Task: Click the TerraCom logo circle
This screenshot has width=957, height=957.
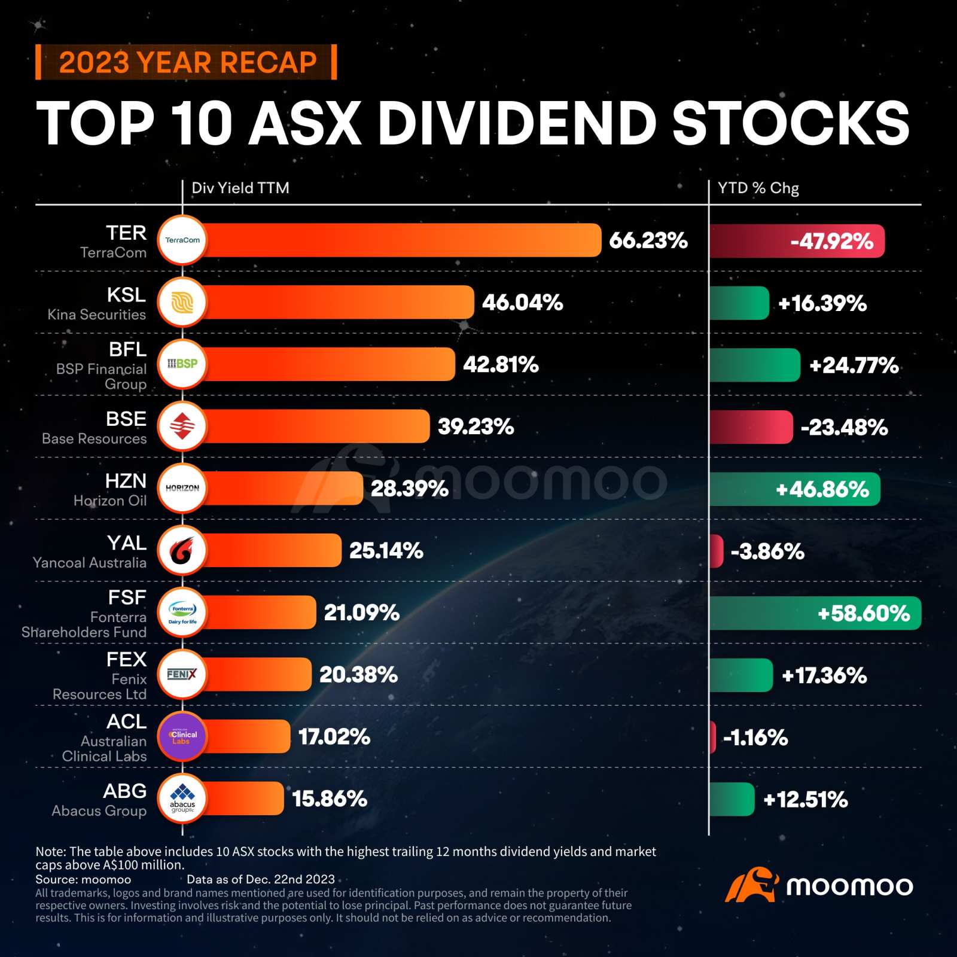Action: tap(182, 240)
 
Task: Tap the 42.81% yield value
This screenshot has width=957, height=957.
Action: tap(501, 364)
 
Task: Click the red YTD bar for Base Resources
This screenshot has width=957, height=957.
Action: tap(751, 427)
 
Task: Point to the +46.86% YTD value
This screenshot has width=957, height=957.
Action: tap(822, 489)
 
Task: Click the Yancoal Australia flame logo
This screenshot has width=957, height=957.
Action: tap(182, 550)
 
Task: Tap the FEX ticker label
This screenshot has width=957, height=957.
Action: tap(126, 659)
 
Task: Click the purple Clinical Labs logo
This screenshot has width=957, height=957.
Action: tap(182, 736)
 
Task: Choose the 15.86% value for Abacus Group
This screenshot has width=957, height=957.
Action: tap(330, 798)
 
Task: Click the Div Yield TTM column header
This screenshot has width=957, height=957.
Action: tap(240, 188)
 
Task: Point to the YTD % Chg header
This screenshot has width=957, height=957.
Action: tap(758, 188)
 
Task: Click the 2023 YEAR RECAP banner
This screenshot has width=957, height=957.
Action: tap(187, 62)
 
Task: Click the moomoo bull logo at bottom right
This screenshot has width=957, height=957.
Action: tap(751, 885)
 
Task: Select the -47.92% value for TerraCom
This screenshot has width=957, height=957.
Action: tap(831, 242)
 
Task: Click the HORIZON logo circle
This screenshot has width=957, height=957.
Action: tap(182, 488)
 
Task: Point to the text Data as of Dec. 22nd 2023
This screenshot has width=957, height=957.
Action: tap(261, 879)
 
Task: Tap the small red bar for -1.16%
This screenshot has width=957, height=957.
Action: tap(712, 737)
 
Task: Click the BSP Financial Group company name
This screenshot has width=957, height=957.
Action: tap(102, 376)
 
